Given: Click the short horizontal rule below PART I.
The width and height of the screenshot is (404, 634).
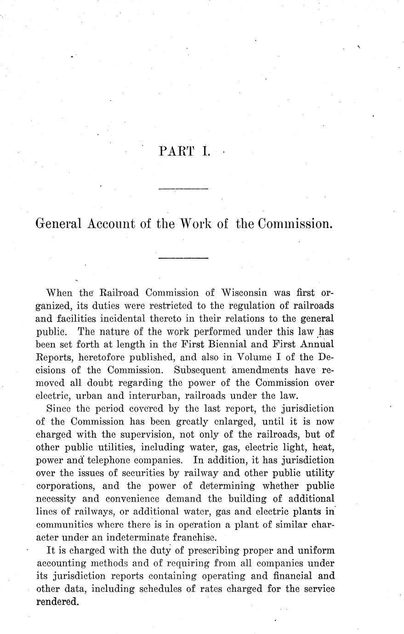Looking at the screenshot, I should point(183,188).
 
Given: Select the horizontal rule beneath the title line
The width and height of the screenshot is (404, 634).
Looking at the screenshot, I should point(183,258).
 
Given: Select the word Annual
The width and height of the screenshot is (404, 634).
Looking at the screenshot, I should point(314,344).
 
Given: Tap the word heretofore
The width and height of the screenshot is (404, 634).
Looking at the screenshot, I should point(97,357).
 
